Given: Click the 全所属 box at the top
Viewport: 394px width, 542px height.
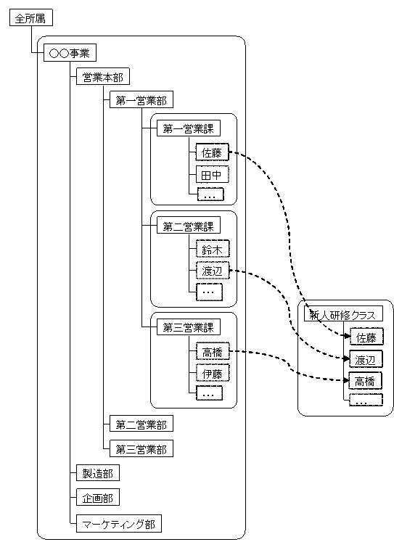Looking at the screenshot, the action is (30, 17).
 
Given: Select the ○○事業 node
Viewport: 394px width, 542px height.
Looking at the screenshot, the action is (70, 53).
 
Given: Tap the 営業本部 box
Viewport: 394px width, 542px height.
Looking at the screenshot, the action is (102, 76).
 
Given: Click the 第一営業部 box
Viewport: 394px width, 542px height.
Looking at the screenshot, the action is (141, 99).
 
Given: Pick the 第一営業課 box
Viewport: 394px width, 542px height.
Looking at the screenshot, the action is (189, 128).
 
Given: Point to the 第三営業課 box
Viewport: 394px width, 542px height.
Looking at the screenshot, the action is (189, 327).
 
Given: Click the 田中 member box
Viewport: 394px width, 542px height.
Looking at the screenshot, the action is (212, 174).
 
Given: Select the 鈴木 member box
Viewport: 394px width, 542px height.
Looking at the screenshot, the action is (212, 249).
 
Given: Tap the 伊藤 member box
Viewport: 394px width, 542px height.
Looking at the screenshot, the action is (212, 373).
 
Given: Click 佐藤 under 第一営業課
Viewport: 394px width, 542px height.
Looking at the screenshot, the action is (212, 152).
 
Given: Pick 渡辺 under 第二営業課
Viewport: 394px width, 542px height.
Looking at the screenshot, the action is (212, 271).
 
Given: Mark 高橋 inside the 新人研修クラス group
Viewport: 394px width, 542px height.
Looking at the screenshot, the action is (365, 381).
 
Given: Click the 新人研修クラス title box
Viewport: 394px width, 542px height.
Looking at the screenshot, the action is (343, 314).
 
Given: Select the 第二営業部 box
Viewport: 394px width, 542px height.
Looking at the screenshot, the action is (141, 424).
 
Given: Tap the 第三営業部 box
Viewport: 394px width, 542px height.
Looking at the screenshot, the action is (141, 448).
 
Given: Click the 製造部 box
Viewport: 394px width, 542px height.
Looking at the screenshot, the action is (98, 472).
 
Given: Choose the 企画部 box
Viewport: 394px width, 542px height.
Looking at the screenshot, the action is (98, 497).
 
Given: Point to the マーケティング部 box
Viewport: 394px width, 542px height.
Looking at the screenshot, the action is (119, 524).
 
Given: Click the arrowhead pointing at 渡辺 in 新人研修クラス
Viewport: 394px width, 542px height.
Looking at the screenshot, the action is (346, 358).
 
